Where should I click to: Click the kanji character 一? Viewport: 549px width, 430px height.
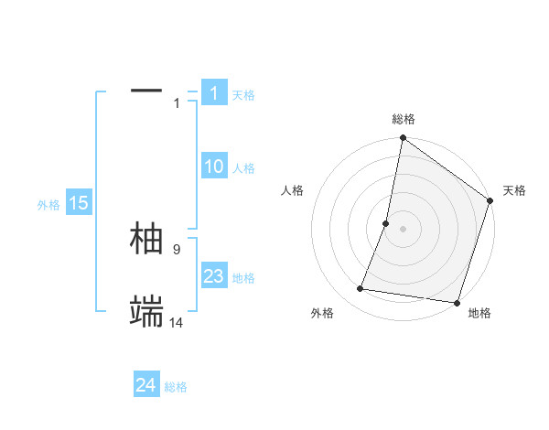146,91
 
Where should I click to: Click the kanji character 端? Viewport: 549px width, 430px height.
146,312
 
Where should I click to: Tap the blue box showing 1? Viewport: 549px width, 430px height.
213,93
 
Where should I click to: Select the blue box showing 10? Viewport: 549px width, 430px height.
213,167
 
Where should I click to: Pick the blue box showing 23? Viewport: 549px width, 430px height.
213,276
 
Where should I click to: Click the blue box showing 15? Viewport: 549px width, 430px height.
78,203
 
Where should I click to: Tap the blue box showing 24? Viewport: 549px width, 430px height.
146,385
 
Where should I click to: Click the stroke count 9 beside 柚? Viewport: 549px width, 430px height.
177,249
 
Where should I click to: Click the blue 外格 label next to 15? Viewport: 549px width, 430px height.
48,205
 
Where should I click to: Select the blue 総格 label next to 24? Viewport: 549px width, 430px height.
176,387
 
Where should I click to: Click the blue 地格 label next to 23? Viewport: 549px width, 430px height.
243,278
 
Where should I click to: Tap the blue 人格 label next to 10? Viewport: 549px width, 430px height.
243,168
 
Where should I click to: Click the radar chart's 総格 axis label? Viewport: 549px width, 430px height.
404,119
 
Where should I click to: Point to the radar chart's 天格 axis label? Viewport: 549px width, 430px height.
514,190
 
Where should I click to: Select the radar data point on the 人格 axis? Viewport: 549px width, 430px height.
386,223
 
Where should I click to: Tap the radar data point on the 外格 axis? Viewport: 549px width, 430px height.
361,289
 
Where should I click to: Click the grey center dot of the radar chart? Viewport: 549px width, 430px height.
403,229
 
